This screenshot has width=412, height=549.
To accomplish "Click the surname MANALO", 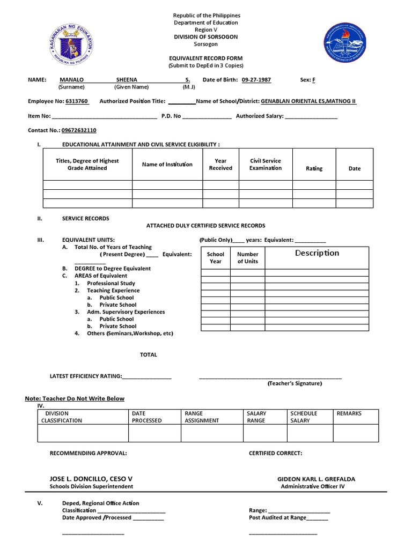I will tap(71, 79).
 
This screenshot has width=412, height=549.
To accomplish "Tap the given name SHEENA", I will tap(127, 79).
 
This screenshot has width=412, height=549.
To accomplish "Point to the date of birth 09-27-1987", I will tap(256, 79).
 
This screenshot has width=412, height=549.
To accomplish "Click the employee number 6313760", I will tap(77, 101).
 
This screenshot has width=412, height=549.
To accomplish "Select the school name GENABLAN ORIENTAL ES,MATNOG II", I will tap(308, 101).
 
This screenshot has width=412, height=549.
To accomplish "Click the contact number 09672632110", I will tap(79, 130).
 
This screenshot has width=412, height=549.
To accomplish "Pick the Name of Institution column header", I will tap(167, 165).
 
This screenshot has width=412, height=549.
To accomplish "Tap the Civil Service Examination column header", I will tap(265, 164).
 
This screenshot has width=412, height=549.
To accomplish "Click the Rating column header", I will tap(314, 168).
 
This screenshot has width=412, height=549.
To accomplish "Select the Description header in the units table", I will tap(317, 253).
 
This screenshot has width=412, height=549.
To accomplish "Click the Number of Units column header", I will tap(247, 258).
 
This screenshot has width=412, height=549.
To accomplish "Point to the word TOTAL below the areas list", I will tap(149, 355).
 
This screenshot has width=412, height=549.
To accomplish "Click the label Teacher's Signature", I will tap(295, 383).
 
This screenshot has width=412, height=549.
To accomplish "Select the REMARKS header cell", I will tap(349, 413).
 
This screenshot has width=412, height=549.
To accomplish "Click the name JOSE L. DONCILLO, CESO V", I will tap(91, 478).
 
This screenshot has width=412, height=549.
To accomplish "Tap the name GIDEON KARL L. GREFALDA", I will tap(316, 479).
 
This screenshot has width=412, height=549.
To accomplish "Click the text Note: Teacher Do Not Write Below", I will tap(75, 398).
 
